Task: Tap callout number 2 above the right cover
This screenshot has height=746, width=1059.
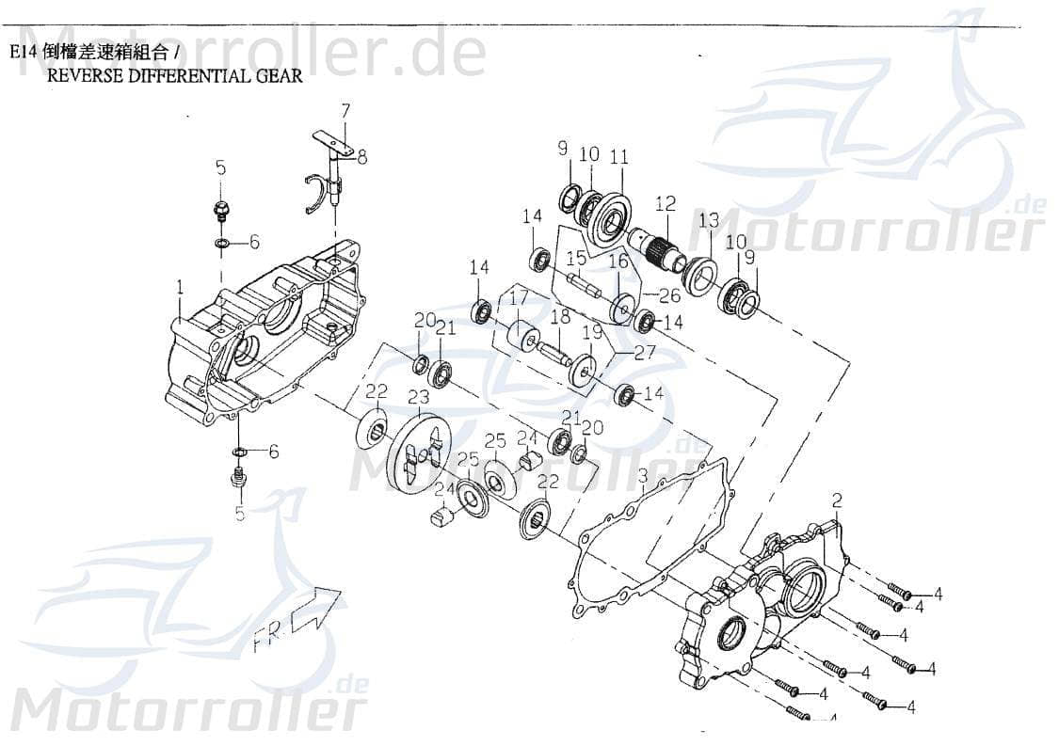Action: pos(836,500)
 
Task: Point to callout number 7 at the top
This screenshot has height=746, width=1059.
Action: pos(345,110)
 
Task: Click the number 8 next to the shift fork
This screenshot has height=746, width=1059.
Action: pos(361,157)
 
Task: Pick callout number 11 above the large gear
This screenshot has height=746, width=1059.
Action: pos(618,157)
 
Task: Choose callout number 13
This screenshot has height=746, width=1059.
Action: pos(708,220)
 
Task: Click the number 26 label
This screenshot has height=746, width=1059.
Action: pos(669,295)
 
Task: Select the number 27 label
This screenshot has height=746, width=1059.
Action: pos(644,354)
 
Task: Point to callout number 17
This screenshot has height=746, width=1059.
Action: pos(518,299)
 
